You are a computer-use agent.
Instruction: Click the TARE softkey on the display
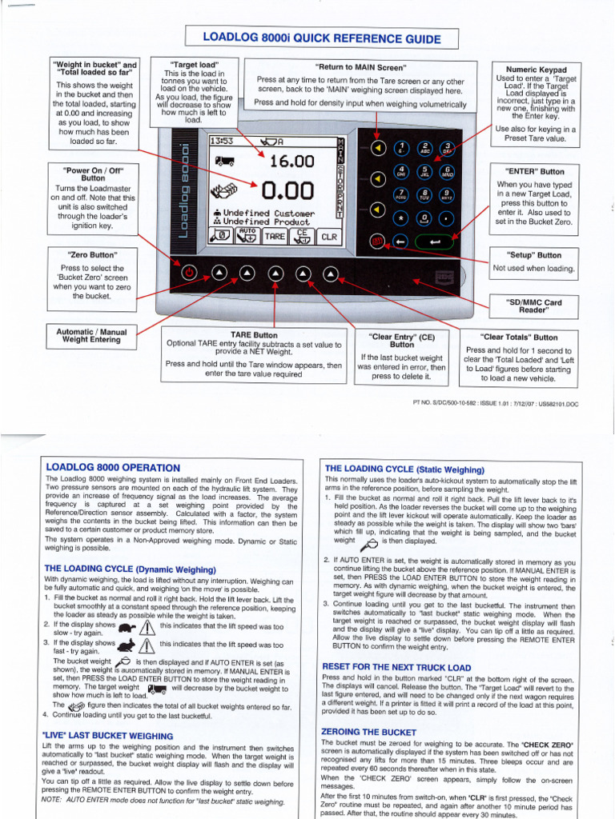pyautogui.click(x=275, y=237)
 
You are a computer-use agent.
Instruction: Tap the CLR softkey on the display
pyautogui.click(x=329, y=237)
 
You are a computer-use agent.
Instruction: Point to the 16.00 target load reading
pyautogui.click(x=291, y=162)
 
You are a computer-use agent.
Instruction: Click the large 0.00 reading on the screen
pyautogui.click(x=286, y=190)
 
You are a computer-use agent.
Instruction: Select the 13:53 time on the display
pyautogui.click(x=220, y=141)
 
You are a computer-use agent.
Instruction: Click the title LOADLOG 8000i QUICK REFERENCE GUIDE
pyautogui.click(x=321, y=38)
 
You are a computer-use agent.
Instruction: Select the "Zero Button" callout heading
pyautogui.click(x=93, y=255)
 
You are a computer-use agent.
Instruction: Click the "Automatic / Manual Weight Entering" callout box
pyautogui.click(x=94, y=335)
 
